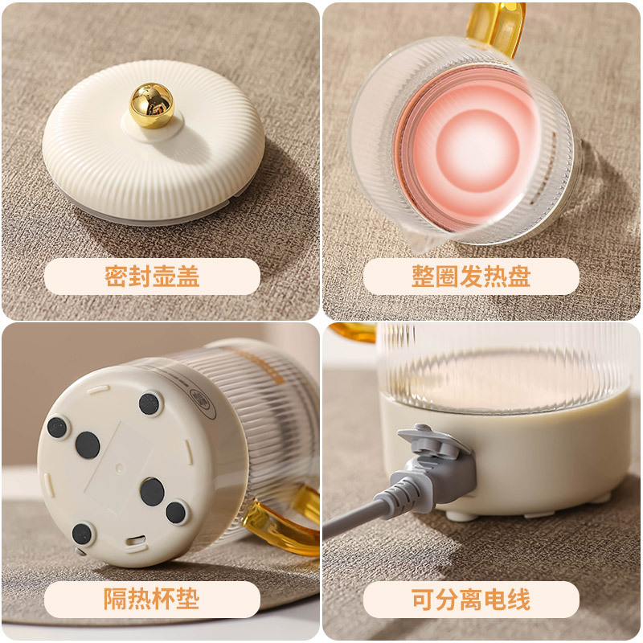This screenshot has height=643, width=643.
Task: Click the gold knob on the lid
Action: pyautogui.click(x=152, y=104)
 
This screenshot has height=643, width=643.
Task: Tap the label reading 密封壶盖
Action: pyautogui.click(x=152, y=276)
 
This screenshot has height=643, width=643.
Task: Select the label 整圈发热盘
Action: pyautogui.click(x=471, y=276)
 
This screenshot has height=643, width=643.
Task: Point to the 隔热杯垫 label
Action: pyautogui.click(x=152, y=599)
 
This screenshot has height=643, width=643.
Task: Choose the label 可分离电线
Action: pyautogui.click(x=471, y=599)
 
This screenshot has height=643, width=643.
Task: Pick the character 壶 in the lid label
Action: pyautogui.click(x=164, y=276)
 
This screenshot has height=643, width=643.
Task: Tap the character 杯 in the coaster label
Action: pyautogui.click(x=164, y=599)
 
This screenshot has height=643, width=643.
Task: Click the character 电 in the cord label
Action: pyautogui.click(x=495, y=599)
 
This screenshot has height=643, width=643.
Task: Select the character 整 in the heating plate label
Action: pyautogui.click(x=424, y=276)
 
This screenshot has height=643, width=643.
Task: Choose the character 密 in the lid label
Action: pyautogui.click(x=117, y=276)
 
